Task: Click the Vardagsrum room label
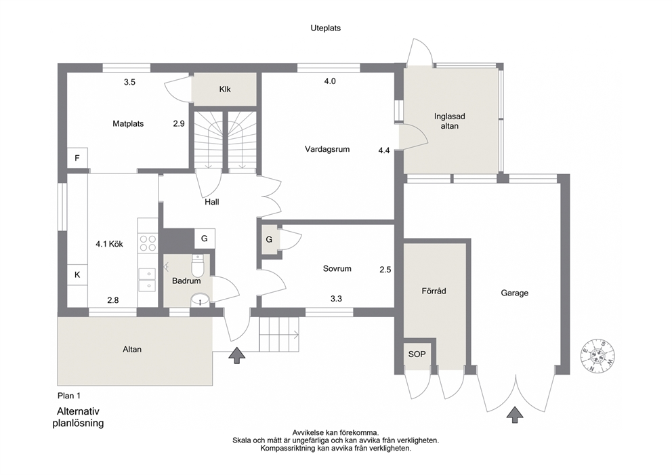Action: [327, 149]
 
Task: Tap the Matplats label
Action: [128, 123]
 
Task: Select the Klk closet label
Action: [225, 89]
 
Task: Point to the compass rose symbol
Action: [598, 356]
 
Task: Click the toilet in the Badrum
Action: [198, 266]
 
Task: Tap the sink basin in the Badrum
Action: [200, 299]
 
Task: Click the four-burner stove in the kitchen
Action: [148, 243]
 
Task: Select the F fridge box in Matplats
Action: [77, 158]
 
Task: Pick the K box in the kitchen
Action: [77, 274]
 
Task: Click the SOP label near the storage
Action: [417, 354]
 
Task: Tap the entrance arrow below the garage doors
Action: [515, 415]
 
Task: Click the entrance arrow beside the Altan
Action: [236, 355]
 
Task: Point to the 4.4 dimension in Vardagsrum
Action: [384, 150]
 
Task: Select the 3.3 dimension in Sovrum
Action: [336, 298]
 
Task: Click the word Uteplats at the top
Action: [326, 28]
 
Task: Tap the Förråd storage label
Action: [434, 291]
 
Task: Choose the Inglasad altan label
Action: [449, 121]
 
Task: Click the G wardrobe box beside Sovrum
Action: [269, 239]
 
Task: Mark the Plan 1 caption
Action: [69, 396]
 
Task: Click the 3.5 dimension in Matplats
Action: [129, 82]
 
